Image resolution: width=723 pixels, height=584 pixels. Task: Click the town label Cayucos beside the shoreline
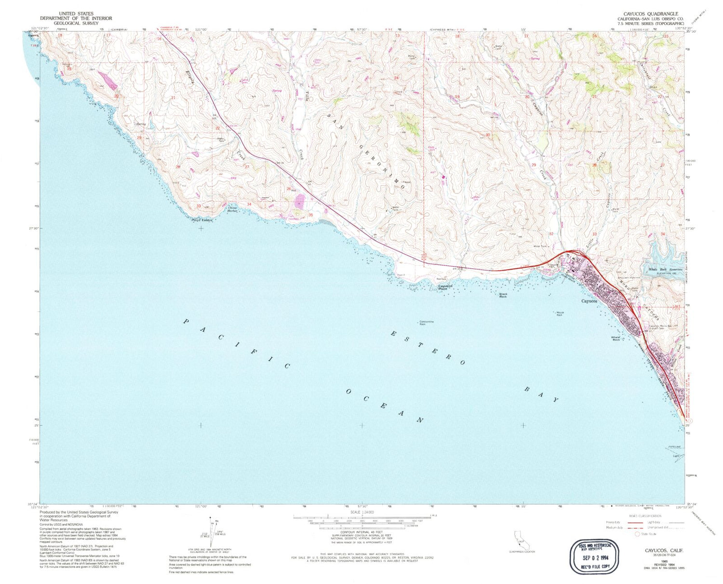click(x=589, y=301)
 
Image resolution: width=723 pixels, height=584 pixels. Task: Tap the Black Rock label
click(x=503, y=295)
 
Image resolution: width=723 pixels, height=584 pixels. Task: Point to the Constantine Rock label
click(x=426, y=323)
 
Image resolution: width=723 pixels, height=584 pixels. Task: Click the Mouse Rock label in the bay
click(x=560, y=313)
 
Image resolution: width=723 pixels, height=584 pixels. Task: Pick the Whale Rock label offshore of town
click(x=616, y=339)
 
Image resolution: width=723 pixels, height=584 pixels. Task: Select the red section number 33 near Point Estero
click(x=199, y=206)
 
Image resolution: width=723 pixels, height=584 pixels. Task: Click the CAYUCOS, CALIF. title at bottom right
click(x=664, y=550)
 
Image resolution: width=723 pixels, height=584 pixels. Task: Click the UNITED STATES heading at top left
click(x=76, y=14)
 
